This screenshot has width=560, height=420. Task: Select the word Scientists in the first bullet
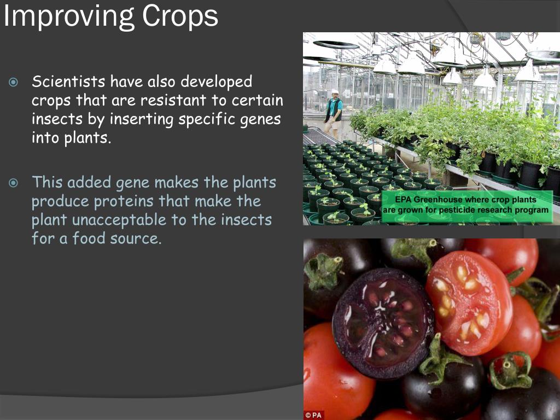(x=68, y=82)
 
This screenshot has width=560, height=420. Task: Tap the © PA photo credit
(x=314, y=415)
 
